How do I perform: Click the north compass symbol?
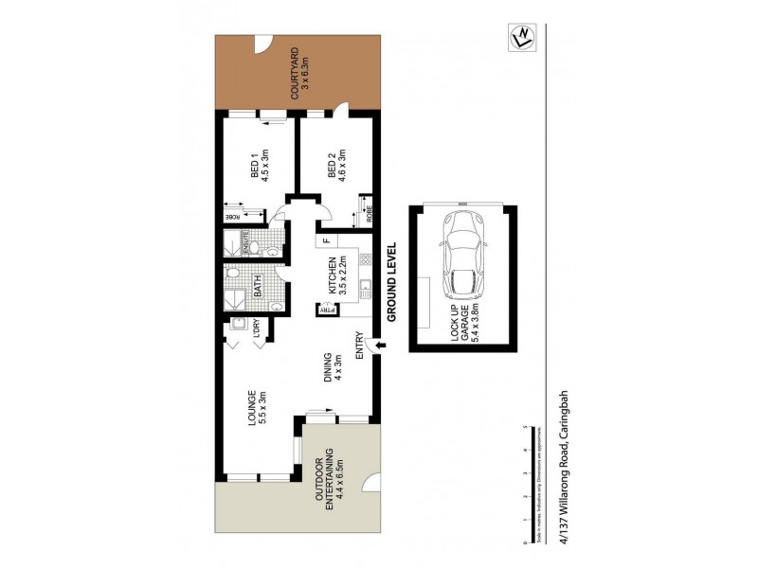pyautogui.click(x=519, y=38)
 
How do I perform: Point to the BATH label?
pyautogui.click(x=256, y=284)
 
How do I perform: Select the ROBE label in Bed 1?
pyautogui.click(x=230, y=217)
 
